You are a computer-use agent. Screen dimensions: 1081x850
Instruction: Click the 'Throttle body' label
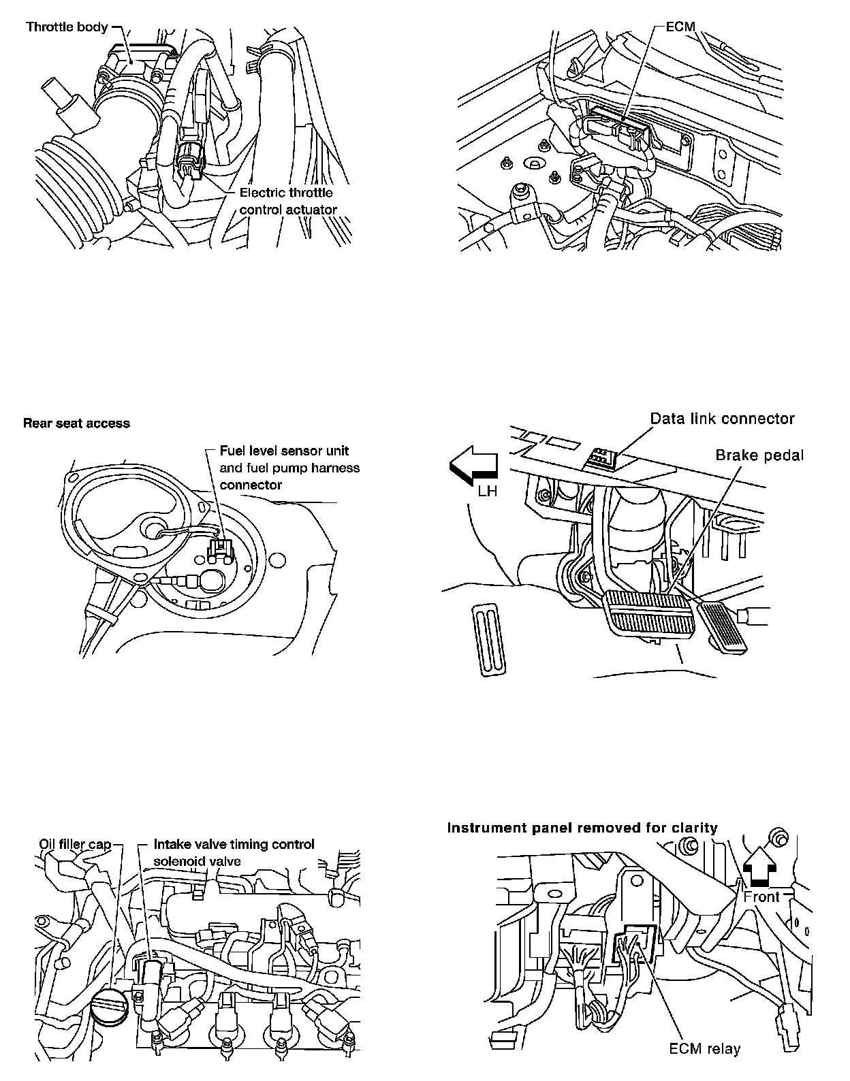[67, 28]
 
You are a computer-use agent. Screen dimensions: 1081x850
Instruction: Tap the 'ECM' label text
[680, 28]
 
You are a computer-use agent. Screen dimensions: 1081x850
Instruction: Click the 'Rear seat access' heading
[76, 423]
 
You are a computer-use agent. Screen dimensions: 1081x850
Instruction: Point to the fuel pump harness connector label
[289, 468]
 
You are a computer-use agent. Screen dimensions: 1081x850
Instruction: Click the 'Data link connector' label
[722, 418]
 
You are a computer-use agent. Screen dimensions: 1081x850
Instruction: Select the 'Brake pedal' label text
[759, 455]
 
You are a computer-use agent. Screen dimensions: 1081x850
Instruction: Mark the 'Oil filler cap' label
[74, 845]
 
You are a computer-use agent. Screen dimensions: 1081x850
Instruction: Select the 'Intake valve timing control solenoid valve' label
[234, 852]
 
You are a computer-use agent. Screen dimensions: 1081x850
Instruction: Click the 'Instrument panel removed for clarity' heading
[582, 828]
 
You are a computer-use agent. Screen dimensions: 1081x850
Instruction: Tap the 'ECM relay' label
[704, 1048]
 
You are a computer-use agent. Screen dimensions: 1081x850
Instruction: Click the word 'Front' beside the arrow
[761, 897]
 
